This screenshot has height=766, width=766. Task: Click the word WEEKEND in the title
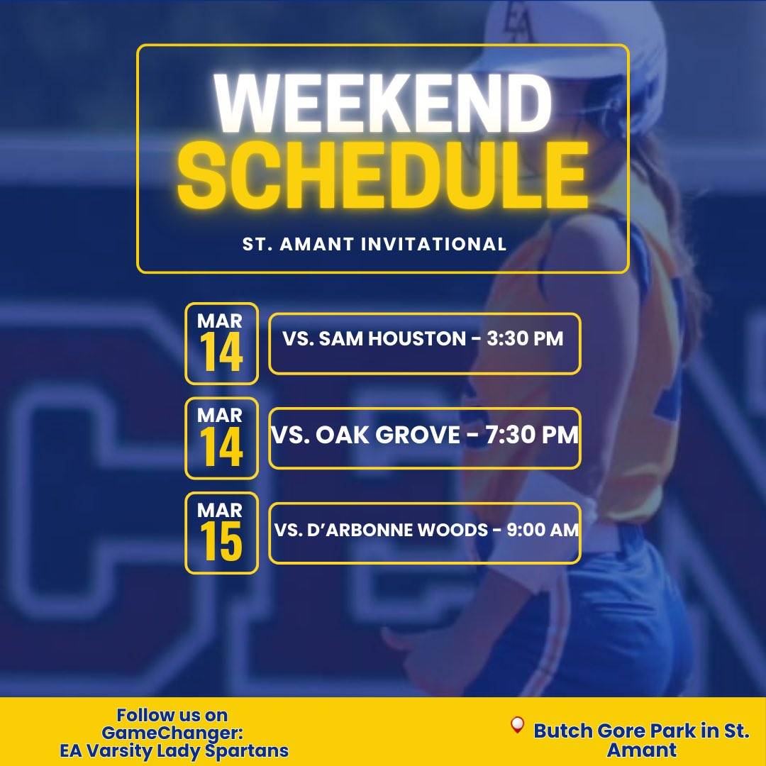pos(383,105)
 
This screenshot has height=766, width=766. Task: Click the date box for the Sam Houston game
pos(221,344)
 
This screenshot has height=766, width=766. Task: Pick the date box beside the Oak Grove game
pos(221,438)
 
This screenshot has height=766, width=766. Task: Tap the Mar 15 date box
pos(221,533)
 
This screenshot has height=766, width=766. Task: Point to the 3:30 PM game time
pos(526,339)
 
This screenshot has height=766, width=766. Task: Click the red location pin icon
pos(517,725)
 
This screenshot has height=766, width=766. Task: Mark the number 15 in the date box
pos(221,543)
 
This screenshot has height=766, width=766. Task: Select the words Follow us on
pos(172,715)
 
